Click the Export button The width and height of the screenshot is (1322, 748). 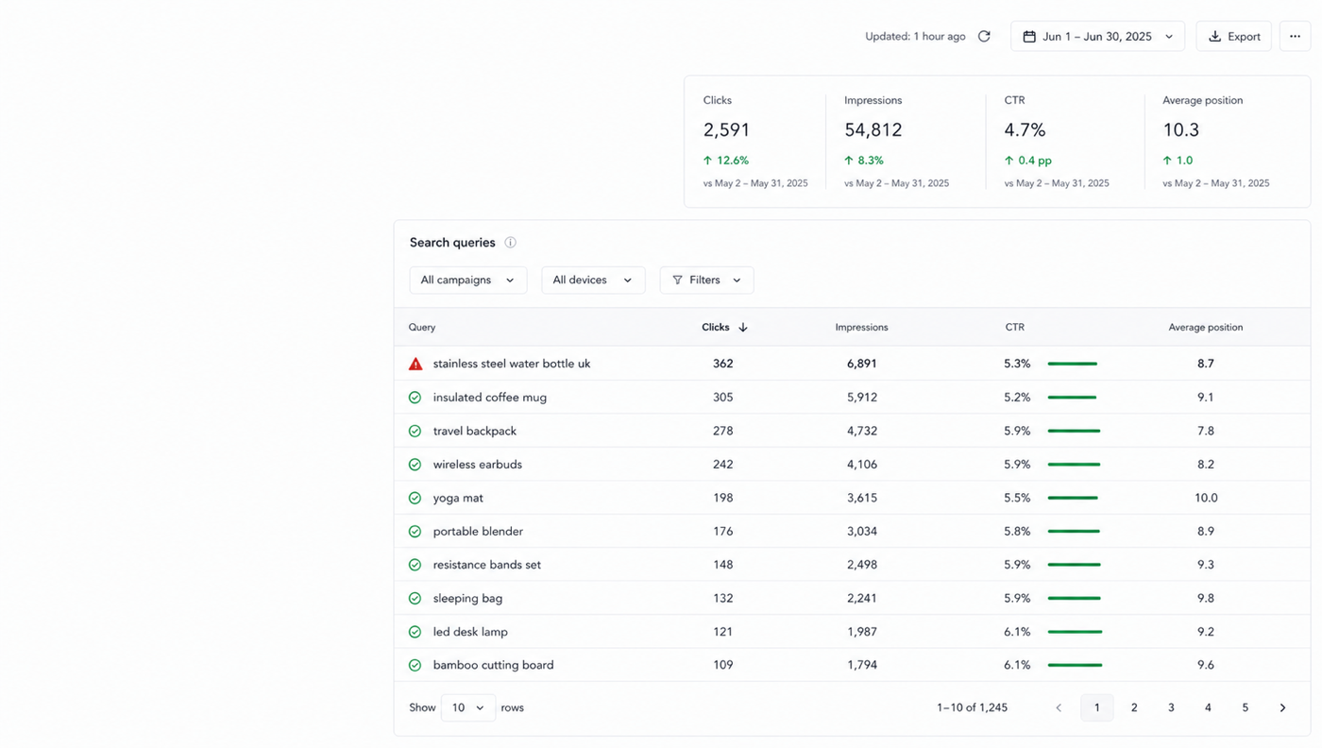coord(1233,37)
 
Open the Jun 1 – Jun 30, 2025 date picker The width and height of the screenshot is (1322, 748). coord(1097,37)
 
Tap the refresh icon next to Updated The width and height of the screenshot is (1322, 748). coord(984,37)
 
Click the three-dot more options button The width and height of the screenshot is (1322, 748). coord(1295,37)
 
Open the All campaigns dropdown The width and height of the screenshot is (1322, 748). coord(468,280)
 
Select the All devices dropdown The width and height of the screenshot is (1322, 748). coord(593,280)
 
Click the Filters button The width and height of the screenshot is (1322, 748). coord(706,280)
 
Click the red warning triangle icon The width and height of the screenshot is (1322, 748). coord(415,365)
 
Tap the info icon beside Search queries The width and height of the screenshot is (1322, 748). coord(511,243)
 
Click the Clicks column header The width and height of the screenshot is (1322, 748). coord(724,327)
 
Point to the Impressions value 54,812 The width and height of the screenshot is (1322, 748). coord(873,130)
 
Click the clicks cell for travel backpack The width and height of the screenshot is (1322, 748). coord(723,431)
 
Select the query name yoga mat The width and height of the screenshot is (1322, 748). coord(458,498)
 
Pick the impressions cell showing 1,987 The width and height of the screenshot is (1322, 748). coord(862,632)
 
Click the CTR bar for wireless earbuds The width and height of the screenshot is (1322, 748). coord(1075,465)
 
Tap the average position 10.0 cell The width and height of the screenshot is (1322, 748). coord(1206,498)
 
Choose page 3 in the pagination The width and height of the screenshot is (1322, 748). coord(1171,707)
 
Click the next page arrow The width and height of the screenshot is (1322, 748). coord(1282,707)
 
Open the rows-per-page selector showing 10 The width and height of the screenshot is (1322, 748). coord(468,707)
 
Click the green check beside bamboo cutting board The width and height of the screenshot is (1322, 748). coord(415,665)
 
